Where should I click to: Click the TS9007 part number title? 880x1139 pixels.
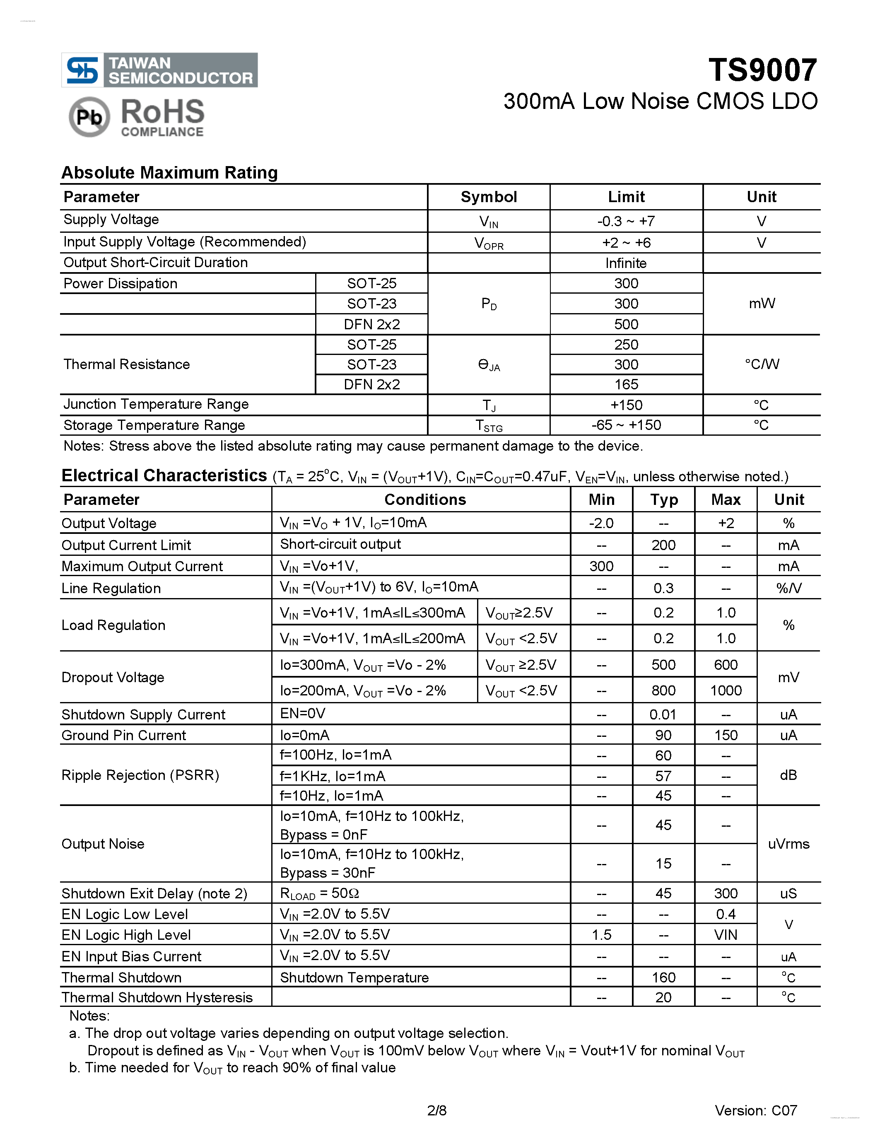click(x=762, y=70)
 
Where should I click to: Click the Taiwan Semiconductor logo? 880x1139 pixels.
click(x=159, y=70)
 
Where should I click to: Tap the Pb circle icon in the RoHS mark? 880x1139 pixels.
click(x=89, y=117)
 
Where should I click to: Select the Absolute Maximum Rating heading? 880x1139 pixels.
click(x=169, y=173)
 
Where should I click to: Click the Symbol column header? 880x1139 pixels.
click(x=489, y=197)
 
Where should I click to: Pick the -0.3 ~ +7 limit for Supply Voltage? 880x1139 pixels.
click(x=626, y=221)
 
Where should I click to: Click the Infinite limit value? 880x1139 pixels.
click(x=626, y=263)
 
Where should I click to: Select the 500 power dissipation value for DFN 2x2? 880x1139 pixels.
click(x=626, y=324)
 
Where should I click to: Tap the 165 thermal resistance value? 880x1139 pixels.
click(x=626, y=384)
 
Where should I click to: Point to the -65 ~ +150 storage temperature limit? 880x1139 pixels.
click(x=626, y=425)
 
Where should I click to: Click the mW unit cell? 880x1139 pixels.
click(x=761, y=304)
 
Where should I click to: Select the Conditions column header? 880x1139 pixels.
click(x=425, y=500)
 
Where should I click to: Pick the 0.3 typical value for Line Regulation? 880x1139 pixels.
click(x=663, y=588)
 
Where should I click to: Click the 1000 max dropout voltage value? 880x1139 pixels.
click(x=726, y=690)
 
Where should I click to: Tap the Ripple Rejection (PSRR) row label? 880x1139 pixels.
click(x=140, y=775)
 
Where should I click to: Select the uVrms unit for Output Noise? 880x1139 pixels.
click(x=788, y=844)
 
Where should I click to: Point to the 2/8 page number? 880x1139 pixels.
click(x=437, y=1110)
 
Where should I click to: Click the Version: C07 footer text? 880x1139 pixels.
click(x=755, y=1110)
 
